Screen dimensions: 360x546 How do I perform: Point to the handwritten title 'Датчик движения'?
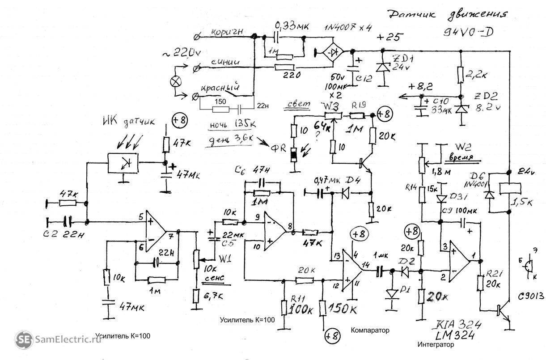pos(448,15)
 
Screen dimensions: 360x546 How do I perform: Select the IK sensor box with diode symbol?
pos(123,164)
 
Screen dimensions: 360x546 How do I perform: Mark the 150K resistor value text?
pos(344,309)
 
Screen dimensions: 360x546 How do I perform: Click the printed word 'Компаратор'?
pos(370,330)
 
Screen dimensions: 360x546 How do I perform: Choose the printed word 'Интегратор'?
pos(436,345)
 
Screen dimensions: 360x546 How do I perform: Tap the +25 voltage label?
pos(388,37)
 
